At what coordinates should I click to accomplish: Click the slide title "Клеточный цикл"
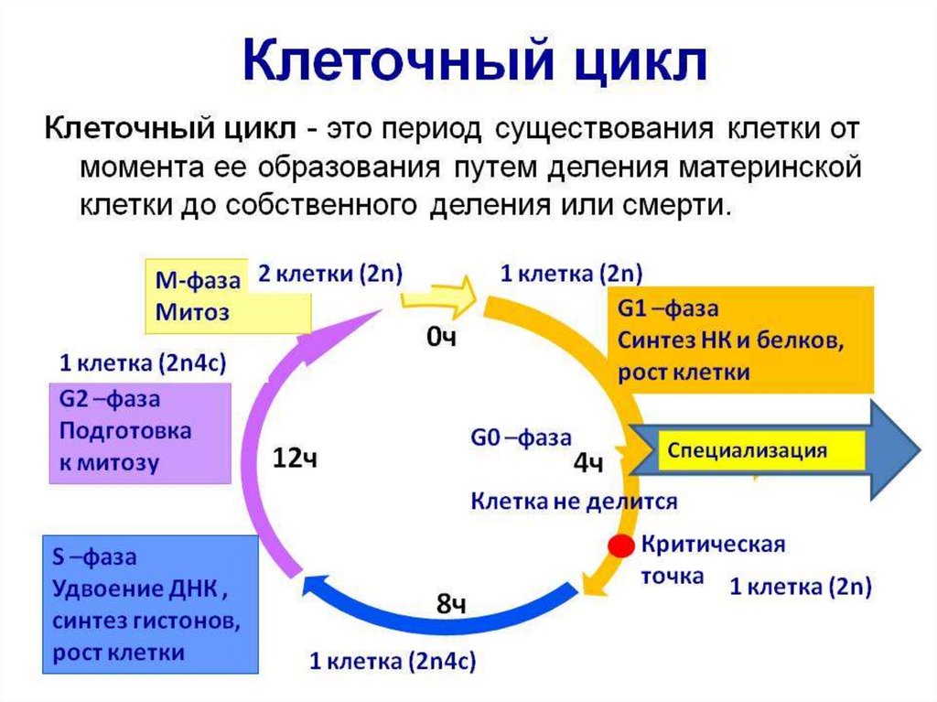click(x=475, y=61)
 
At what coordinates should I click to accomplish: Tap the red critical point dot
click(x=621, y=546)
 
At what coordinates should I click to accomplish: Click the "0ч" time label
click(x=441, y=339)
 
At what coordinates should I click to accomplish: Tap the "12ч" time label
click(x=295, y=458)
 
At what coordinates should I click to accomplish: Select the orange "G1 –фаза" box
click(x=739, y=340)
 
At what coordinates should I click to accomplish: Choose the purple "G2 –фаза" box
click(x=139, y=432)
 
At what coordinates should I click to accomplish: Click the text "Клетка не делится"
click(x=574, y=501)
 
